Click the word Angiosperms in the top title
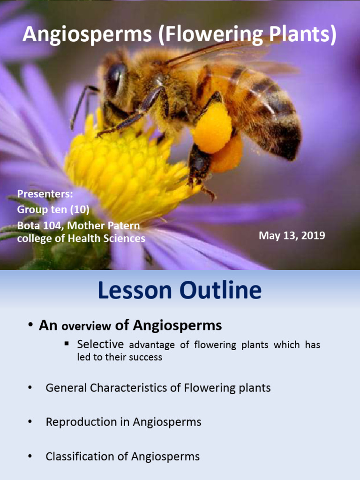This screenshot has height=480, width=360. [x=87, y=34]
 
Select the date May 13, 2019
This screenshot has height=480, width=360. [x=292, y=235]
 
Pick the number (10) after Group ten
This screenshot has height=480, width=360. [x=80, y=210]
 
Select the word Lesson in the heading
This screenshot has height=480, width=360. [x=135, y=290]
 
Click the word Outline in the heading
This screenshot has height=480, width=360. [x=220, y=290]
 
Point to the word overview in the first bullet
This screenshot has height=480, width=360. [x=86, y=326]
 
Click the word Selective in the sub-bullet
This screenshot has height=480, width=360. [x=100, y=344]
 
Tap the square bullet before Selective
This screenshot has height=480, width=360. [x=67, y=344]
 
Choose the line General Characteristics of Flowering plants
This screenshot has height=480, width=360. [x=158, y=388]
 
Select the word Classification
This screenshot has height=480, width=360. [x=81, y=457]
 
